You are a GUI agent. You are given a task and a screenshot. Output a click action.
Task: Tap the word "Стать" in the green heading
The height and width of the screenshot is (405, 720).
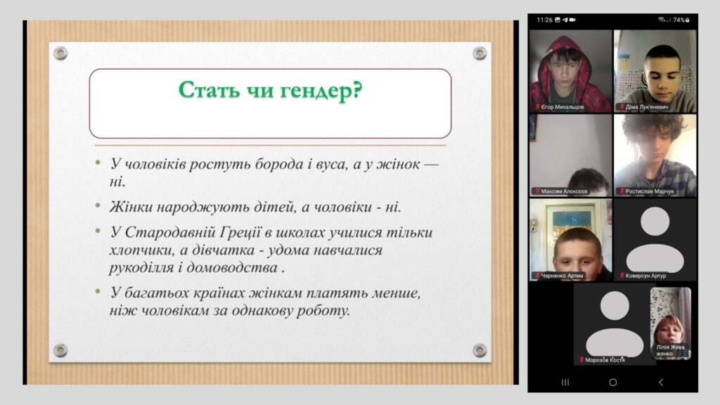[x=209, y=89]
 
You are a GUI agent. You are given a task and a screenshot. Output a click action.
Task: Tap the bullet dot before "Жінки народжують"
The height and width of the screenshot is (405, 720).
[x=98, y=205]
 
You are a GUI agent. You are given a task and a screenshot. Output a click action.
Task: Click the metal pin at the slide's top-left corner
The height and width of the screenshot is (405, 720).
[x=60, y=53]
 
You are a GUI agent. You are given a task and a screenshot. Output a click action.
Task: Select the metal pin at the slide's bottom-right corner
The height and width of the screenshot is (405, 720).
[x=480, y=350]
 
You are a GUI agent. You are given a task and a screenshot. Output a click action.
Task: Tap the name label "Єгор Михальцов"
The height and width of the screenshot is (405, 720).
[x=562, y=107]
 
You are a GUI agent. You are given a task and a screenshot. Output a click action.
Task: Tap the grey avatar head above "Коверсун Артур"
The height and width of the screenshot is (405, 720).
[x=655, y=221]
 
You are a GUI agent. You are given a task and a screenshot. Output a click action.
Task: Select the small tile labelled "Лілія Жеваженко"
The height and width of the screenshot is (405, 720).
[x=670, y=323]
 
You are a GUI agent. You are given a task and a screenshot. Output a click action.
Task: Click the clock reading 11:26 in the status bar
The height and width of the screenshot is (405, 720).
[x=545, y=20]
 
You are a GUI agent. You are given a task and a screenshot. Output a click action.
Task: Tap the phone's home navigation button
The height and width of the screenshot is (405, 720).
[x=612, y=382]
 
